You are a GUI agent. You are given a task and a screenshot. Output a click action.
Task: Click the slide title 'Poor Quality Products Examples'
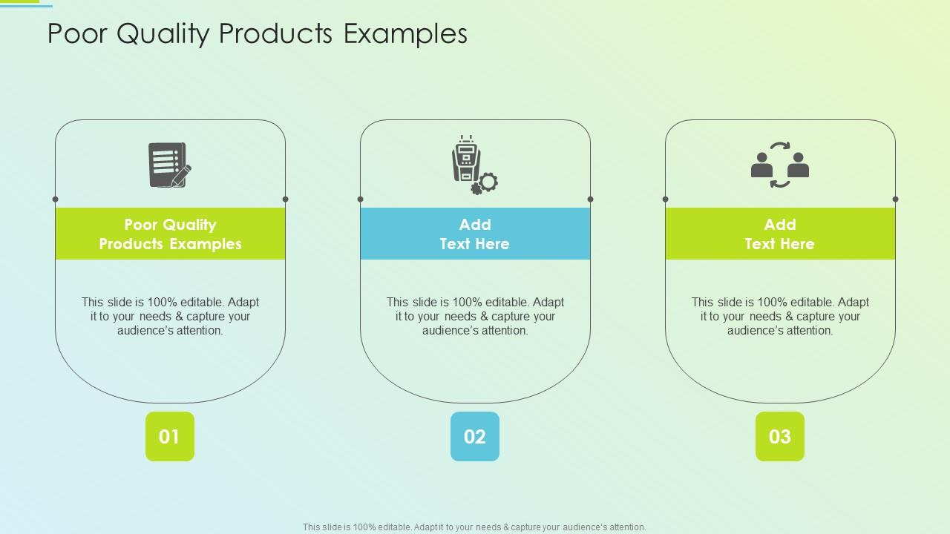coord(257,34)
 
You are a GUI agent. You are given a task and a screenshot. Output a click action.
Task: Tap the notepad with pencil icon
coord(170,165)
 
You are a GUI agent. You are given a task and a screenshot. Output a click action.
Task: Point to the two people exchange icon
coord(779,165)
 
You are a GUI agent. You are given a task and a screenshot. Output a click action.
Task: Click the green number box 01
coord(170,437)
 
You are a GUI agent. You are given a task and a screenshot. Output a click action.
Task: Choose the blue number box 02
coord(475,437)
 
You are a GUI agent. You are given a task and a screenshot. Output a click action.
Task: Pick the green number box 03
coord(779,437)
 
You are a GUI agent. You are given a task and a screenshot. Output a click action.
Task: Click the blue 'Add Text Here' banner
coord(475,234)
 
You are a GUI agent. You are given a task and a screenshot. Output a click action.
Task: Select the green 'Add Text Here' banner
coord(780,234)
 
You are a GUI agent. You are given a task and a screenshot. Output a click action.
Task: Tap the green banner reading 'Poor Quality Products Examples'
coord(170,234)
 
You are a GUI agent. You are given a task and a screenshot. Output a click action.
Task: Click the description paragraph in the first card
coord(170,317)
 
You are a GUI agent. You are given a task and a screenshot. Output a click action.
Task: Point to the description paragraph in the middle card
coord(475,317)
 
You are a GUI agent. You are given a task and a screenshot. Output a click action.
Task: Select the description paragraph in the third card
coord(780,317)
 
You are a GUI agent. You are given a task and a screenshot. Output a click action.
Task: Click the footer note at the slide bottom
coord(474,527)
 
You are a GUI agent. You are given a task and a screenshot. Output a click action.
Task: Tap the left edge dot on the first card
coord(56,200)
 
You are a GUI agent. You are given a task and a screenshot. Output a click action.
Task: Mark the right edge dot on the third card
coord(896,200)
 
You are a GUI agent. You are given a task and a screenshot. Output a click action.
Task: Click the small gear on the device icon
coord(486,182)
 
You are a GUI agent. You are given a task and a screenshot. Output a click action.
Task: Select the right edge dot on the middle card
coord(591,200)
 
